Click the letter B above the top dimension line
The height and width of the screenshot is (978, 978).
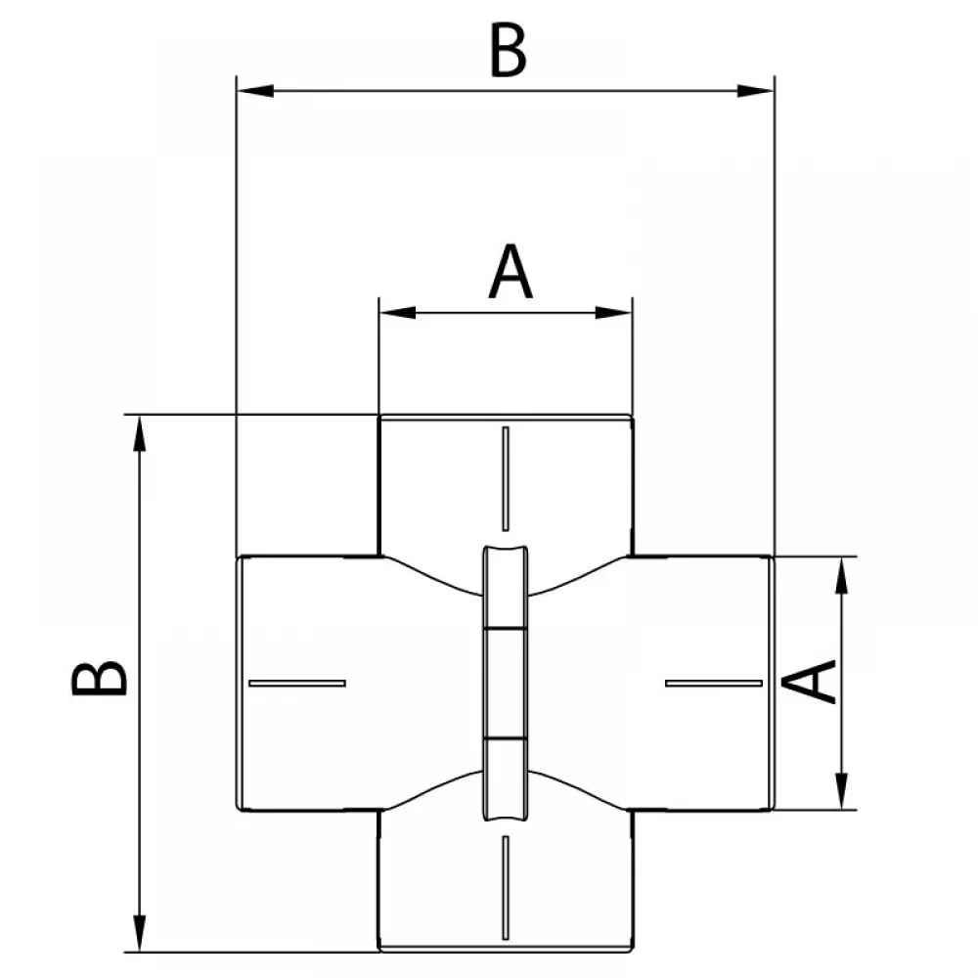(509, 50)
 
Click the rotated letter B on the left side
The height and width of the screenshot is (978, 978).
(99, 678)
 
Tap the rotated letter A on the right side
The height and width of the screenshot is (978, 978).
(809, 683)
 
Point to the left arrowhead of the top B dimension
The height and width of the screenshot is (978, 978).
(255, 91)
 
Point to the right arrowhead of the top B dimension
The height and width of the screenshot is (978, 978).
(755, 91)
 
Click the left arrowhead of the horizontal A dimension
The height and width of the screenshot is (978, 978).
(398, 313)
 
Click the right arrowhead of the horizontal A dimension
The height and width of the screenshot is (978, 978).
(614, 313)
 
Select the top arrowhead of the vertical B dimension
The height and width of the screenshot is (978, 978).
(140, 433)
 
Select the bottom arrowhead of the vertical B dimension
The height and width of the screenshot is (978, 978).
(140, 933)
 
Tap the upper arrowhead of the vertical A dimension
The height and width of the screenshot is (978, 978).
(842, 575)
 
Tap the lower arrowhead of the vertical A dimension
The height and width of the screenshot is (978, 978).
(842, 791)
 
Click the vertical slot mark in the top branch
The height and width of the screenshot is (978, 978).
(506, 478)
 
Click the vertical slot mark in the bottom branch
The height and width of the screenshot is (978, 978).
(506, 887)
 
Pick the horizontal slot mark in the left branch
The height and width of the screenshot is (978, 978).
(297, 683)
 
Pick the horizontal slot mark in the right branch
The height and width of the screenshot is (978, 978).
(714, 683)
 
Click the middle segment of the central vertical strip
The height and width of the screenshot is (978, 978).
(506, 683)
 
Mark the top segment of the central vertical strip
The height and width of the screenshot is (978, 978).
(506, 586)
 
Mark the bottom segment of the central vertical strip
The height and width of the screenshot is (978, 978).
(506, 779)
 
